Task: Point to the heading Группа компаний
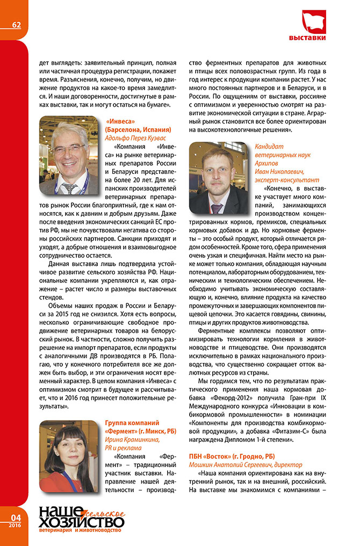click(x=132, y=424)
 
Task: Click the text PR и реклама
click(x=123, y=448)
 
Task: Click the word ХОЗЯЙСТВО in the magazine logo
click(x=81, y=521)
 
